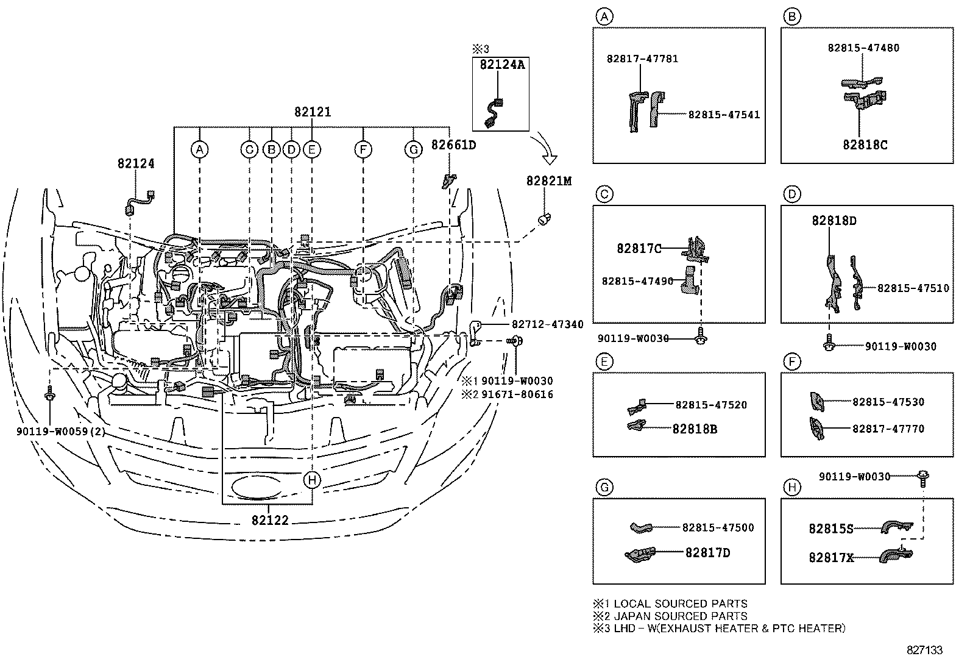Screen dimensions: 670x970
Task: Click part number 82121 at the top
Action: [x=313, y=112]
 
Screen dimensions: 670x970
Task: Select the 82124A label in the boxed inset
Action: [x=501, y=65]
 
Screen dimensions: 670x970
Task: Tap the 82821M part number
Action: [x=549, y=181]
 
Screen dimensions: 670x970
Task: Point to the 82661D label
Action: [x=453, y=145]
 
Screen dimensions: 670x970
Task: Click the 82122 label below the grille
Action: [x=270, y=520]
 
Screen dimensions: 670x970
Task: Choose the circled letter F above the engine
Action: [x=363, y=149]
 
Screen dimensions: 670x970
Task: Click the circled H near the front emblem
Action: [x=312, y=480]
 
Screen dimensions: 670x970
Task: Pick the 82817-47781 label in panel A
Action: [x=642, y=59]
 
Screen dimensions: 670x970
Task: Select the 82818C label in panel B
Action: [x=865, y=145]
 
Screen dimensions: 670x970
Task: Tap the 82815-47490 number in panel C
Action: [x=637, y=281]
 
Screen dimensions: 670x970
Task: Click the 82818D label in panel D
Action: [x=834, y=221]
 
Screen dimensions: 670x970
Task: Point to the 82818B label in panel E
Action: [x=695, y=429]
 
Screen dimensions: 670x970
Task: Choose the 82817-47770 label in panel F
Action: [x=888, y=429]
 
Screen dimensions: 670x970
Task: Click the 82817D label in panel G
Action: [x=707, y=553]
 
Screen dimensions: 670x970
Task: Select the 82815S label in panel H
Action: [x=831, y=529]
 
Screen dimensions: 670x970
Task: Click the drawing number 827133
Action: [x=924, y=650]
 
